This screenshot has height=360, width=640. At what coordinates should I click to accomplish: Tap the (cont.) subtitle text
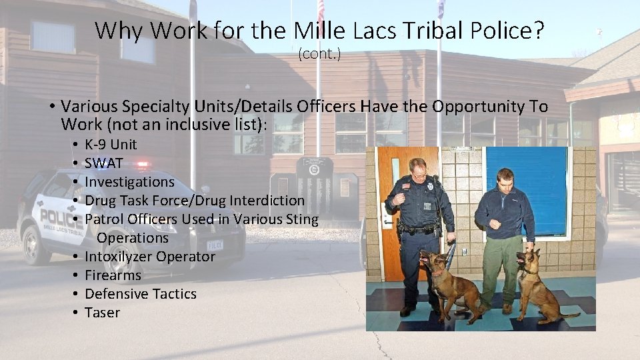pyautogui.click(x=319, y=54)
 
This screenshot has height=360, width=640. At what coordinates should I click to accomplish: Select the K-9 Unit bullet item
pyautogui.click(x=110, y=145)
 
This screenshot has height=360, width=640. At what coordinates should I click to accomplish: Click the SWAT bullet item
pyautogui.click(x=103, y=163)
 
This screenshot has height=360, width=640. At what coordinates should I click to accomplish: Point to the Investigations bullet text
pyautogui.click(x=129, y=182)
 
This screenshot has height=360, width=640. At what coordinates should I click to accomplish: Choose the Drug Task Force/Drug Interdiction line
pyautogui.click(x=194, y=201)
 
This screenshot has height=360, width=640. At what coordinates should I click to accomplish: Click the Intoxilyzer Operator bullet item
pyautogui.click(x=149, y=257)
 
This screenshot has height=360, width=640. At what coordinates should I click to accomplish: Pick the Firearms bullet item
pyautogui.click(x=113, y=275)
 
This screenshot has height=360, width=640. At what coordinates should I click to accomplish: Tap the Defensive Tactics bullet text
pyautogui.click(x=140, y=294)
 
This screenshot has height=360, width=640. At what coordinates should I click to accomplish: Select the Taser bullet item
pyautogui.click(x=102, y=313)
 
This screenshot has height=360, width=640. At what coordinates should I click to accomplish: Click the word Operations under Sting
pyautogui.click(x=133, y=238)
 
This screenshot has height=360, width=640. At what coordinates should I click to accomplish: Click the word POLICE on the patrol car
pyautogui.click(x=62, y=217)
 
